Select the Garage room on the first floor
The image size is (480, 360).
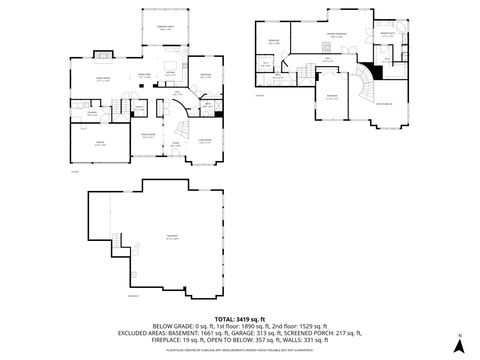tap(100, 144)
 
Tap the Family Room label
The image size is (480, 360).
tap(102, 79)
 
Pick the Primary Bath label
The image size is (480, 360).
tap(386, 34)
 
